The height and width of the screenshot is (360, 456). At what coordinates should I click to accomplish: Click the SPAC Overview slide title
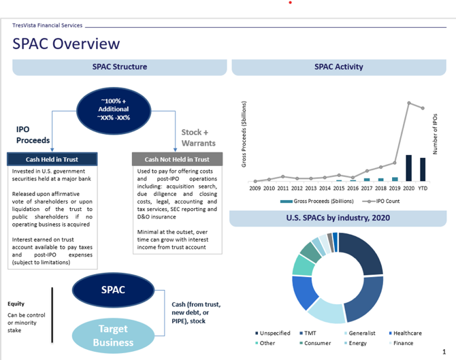pyautogui.click(x=66, y=44)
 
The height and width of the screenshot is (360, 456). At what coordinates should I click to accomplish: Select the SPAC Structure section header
pyautogui.click(x=120, y=67)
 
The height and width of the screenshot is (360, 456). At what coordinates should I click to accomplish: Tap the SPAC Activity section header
pyautogui.click(x=338, y=67)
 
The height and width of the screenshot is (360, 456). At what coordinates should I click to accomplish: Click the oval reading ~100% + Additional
pyautogui.click(x=113, y=109)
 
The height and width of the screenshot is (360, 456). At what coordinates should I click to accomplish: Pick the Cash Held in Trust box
pyautogui.click(x=53, y=159)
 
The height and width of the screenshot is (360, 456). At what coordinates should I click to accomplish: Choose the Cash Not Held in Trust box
pyautogui.click(x=176, y=159)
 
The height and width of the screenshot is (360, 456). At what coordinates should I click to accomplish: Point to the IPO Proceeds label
pyautogui.click(x=33, y=135)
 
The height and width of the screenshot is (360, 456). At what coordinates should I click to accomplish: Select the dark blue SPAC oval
pyautogui.click(x=113, y=289)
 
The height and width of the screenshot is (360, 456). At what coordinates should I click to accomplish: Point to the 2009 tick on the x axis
pyautogui.click(x=255, y=188)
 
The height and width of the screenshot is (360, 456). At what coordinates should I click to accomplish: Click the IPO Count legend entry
pyautogui.click(x=382, y=201)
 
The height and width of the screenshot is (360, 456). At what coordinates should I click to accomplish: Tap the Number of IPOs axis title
pyautogui.click(x=434, y=133)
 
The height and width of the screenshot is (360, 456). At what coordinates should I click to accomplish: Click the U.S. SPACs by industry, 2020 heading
pyautogui.click(x=338, y=218)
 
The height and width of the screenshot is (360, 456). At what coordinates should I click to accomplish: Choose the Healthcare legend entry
pyautogui.click(x=405, y=333)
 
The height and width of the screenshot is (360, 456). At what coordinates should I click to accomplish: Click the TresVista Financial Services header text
pyautogui.click(x=48, y=25)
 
